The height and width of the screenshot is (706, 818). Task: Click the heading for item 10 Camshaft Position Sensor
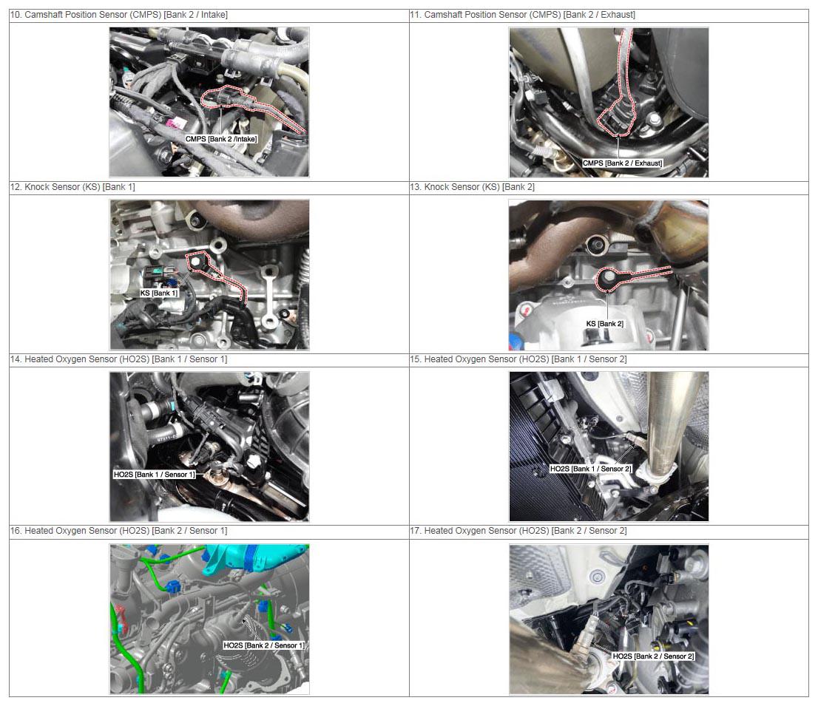coord(119,15)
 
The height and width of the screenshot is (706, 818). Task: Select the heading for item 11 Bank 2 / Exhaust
coord(523,15)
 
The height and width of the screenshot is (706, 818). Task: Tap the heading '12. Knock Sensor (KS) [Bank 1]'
coord(72,187)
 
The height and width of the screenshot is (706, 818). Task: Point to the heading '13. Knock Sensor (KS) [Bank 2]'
coord(472,187)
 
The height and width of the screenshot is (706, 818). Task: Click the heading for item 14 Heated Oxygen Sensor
coord(119,359)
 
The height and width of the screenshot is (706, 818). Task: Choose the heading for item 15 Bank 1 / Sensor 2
coord(518,359)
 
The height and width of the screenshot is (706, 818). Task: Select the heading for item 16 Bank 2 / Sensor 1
coord(119,530)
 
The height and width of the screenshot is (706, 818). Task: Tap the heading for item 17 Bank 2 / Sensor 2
coord(518,530)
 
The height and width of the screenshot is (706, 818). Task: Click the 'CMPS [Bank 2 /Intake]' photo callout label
coord(221,139)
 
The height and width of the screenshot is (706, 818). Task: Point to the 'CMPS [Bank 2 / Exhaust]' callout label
coord(622,163)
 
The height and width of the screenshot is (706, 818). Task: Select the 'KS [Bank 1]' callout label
coord(158,293)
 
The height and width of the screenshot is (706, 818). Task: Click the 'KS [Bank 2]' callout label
coord(605,324)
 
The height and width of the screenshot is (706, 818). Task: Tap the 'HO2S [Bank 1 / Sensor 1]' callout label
coord(155,475)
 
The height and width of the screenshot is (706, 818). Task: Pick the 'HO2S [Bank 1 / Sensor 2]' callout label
coord(590,469)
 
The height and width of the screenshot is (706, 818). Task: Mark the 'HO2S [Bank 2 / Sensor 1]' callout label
coord(264,645)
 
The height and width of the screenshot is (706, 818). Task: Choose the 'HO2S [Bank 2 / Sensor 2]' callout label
coord(653,656)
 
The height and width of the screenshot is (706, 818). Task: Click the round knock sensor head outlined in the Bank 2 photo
coord(606,279)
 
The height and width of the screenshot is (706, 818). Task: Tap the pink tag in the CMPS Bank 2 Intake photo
coord(173,124)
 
